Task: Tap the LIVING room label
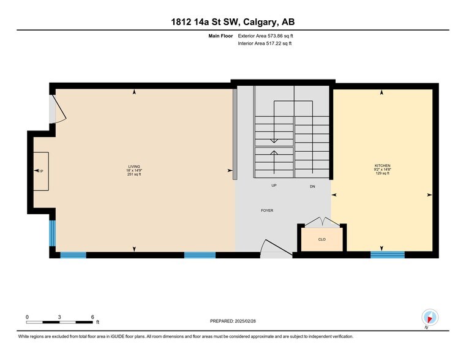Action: pos(133,166)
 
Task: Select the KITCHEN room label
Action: pos(382,166)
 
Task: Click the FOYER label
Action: pos(267,211)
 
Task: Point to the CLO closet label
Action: pos(321,240)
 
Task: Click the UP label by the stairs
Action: pos(274,186)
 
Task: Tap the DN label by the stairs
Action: pos(312,186)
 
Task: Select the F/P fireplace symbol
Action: pos(41,171)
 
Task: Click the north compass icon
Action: pos(430,318)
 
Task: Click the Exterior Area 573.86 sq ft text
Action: pos(265,36)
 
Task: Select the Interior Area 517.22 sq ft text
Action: pos(265,43)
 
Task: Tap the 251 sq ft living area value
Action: pos(134,174)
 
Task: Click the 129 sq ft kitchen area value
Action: pos(382,174)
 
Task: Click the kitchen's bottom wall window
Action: pos(387,255)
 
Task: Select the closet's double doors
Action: pos(321,221)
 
